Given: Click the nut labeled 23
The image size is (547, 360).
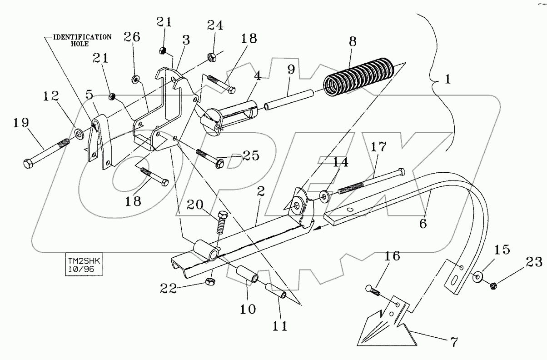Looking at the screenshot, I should pos(494,286).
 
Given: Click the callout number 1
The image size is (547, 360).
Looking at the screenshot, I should pos(448,80).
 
